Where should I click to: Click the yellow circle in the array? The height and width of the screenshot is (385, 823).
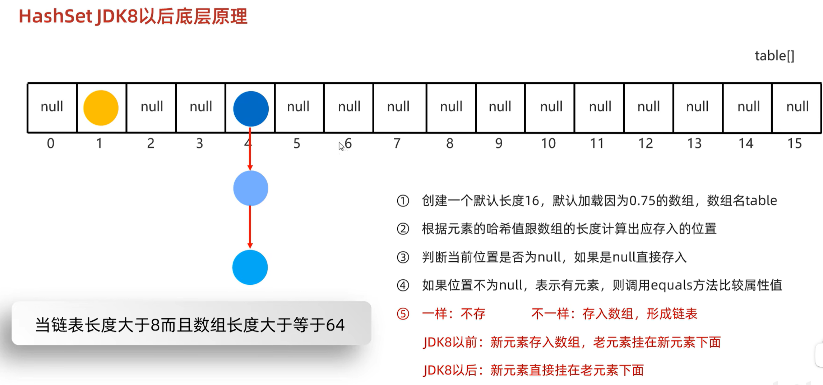point(101,108)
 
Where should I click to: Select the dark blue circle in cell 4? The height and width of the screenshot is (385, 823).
point(251,109)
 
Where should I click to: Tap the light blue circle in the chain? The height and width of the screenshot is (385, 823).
point(250,188)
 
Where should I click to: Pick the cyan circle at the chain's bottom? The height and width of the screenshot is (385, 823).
point(250,267)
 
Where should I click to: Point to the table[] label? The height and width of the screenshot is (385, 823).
point(774,56)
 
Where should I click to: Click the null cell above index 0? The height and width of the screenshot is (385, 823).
point(52,107)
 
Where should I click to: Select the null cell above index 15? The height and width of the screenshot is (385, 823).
point(797,107)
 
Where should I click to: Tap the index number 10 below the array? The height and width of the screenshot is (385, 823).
point(548,144)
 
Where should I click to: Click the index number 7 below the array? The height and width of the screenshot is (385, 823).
point(397,144)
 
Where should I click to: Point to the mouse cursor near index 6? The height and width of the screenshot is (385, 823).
point(341,146)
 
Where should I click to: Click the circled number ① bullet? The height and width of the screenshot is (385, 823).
point(403,201)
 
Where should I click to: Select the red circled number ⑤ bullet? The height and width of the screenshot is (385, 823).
point(403,314)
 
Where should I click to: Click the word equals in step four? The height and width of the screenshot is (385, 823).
point(671,285)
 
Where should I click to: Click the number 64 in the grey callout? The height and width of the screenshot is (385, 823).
point(335,325)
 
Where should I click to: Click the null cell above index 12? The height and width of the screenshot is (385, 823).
point(648,107)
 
